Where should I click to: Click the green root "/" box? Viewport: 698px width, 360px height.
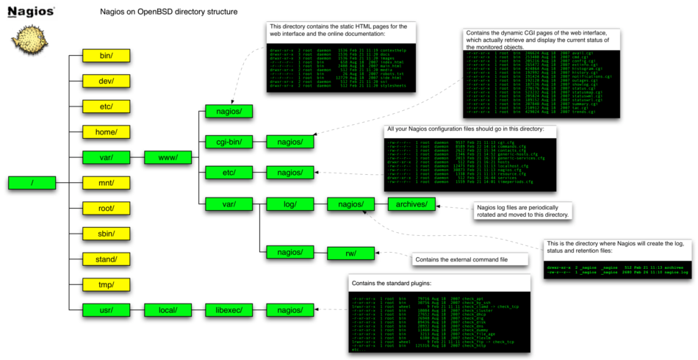pyautogui.click(x=32, y=183)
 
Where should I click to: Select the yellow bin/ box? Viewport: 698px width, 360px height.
pyautogui.click(x=107, y=55)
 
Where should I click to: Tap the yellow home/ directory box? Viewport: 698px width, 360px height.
pyautogui.click(x=107, y=132)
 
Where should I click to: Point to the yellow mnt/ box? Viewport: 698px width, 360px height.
pyautogui.click(x=107, y=183)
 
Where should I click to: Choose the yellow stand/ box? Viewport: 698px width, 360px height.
pyautogui.click(x=107, y=259)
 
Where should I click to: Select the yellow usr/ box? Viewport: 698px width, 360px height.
pyautogui.click(x=107, y=310)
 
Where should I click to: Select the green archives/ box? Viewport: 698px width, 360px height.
pyautogui.click(x=412, y=204)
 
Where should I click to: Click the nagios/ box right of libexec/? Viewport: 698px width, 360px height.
pyautogui.click(x=290, y=310)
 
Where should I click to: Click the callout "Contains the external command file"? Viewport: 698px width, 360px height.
pyautogui.click(x=469, y=259)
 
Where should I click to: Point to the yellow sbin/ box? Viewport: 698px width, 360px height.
pyautogui.click(x=107, y=234)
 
